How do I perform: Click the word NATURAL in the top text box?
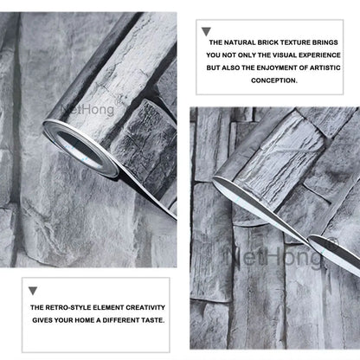point(240,42)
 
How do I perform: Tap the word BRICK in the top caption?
point(267,42)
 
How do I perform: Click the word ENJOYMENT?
point(276,67)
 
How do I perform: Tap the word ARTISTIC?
point(325,67)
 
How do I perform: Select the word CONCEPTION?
point(274,80)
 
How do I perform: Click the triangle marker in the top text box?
point(206,31)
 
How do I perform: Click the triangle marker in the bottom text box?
point(33,291)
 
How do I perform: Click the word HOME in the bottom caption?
point(86,320)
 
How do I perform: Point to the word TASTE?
point(153,320)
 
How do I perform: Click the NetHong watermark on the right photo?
point(275,255)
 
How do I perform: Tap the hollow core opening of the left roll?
point(80,151)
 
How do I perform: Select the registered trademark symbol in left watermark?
point(119,102)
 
